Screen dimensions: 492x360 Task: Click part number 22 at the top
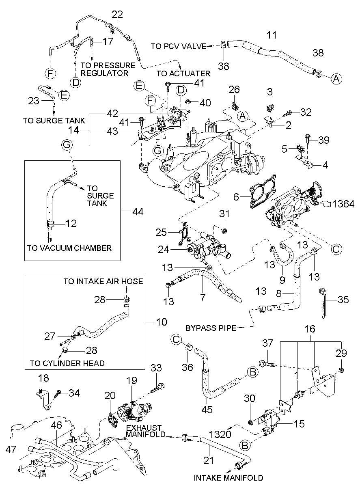pyautogui.click(x=117, y=14)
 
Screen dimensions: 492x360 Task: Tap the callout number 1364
pyautogui.click(x=343, y=203)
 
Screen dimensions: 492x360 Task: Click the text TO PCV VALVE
pyautogui.click(x=179, y=46)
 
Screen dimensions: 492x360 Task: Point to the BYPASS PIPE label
pyautogui.click(x=211, y=328)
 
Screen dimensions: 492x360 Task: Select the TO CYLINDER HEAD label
pyautogui.click(x=67, y=363)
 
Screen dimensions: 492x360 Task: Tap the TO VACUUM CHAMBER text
pyautogui.click(x=69, y=248)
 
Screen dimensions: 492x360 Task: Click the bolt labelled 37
pyautogui.click(x=266, y=362)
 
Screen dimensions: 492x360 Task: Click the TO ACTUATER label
pyautogui.click(x=183, y=73)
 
